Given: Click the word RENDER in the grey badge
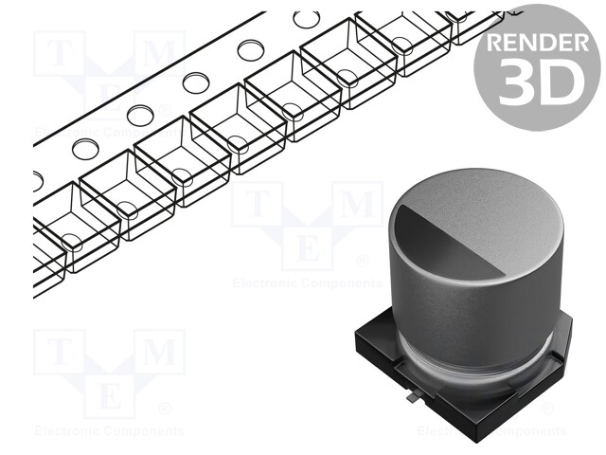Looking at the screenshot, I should tap(535, 44).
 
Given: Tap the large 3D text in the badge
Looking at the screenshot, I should tap(537, 82).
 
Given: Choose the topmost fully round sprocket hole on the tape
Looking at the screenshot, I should tap(306, 18).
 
